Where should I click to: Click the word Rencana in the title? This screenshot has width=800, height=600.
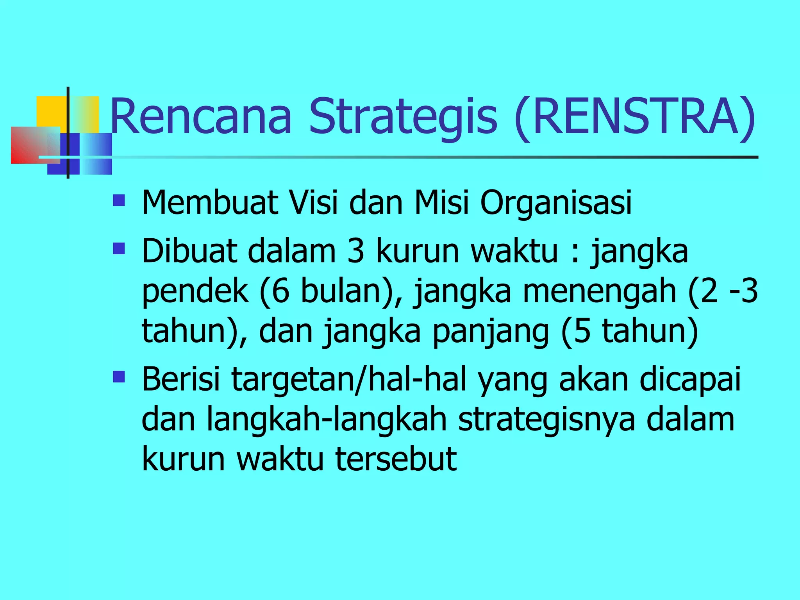(201, 117)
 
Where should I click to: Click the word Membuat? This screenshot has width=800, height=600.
(210, 203)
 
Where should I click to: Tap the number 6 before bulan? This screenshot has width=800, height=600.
(280, 291)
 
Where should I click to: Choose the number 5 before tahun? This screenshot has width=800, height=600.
(582, 331)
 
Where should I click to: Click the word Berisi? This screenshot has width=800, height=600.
(181, 379)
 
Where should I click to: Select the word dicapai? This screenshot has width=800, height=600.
(690, 380)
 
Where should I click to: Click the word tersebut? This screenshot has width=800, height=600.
(396, 459)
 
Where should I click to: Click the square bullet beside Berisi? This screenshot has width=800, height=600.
(119, 377)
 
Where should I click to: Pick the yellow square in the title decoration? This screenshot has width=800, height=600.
(51, 111)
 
